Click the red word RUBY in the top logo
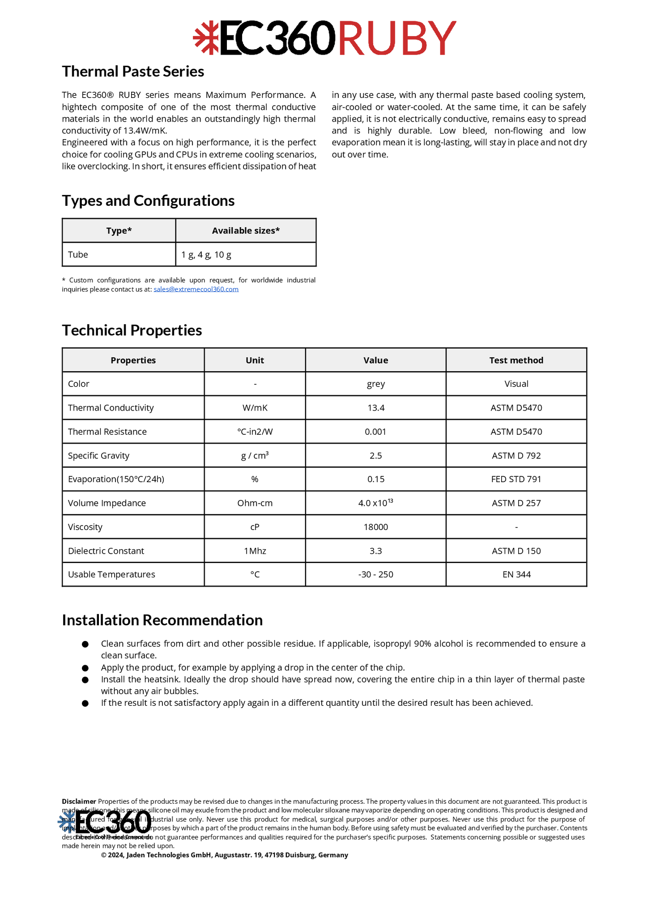397,38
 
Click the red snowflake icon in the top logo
206,38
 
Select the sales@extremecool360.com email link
196,289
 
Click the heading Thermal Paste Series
133,72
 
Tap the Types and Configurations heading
148,201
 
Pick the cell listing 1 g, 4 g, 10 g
206,255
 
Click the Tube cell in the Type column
78,255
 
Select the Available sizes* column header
246,231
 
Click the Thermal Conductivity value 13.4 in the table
375,408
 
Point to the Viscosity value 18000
375,527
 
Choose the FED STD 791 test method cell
516,479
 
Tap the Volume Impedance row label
107,503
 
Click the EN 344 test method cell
516,575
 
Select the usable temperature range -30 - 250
375,575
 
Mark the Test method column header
516,360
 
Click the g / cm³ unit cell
255,456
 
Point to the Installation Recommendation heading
162,620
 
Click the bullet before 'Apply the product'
85,668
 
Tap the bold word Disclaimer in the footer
79,801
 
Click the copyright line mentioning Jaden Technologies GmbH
224,855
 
